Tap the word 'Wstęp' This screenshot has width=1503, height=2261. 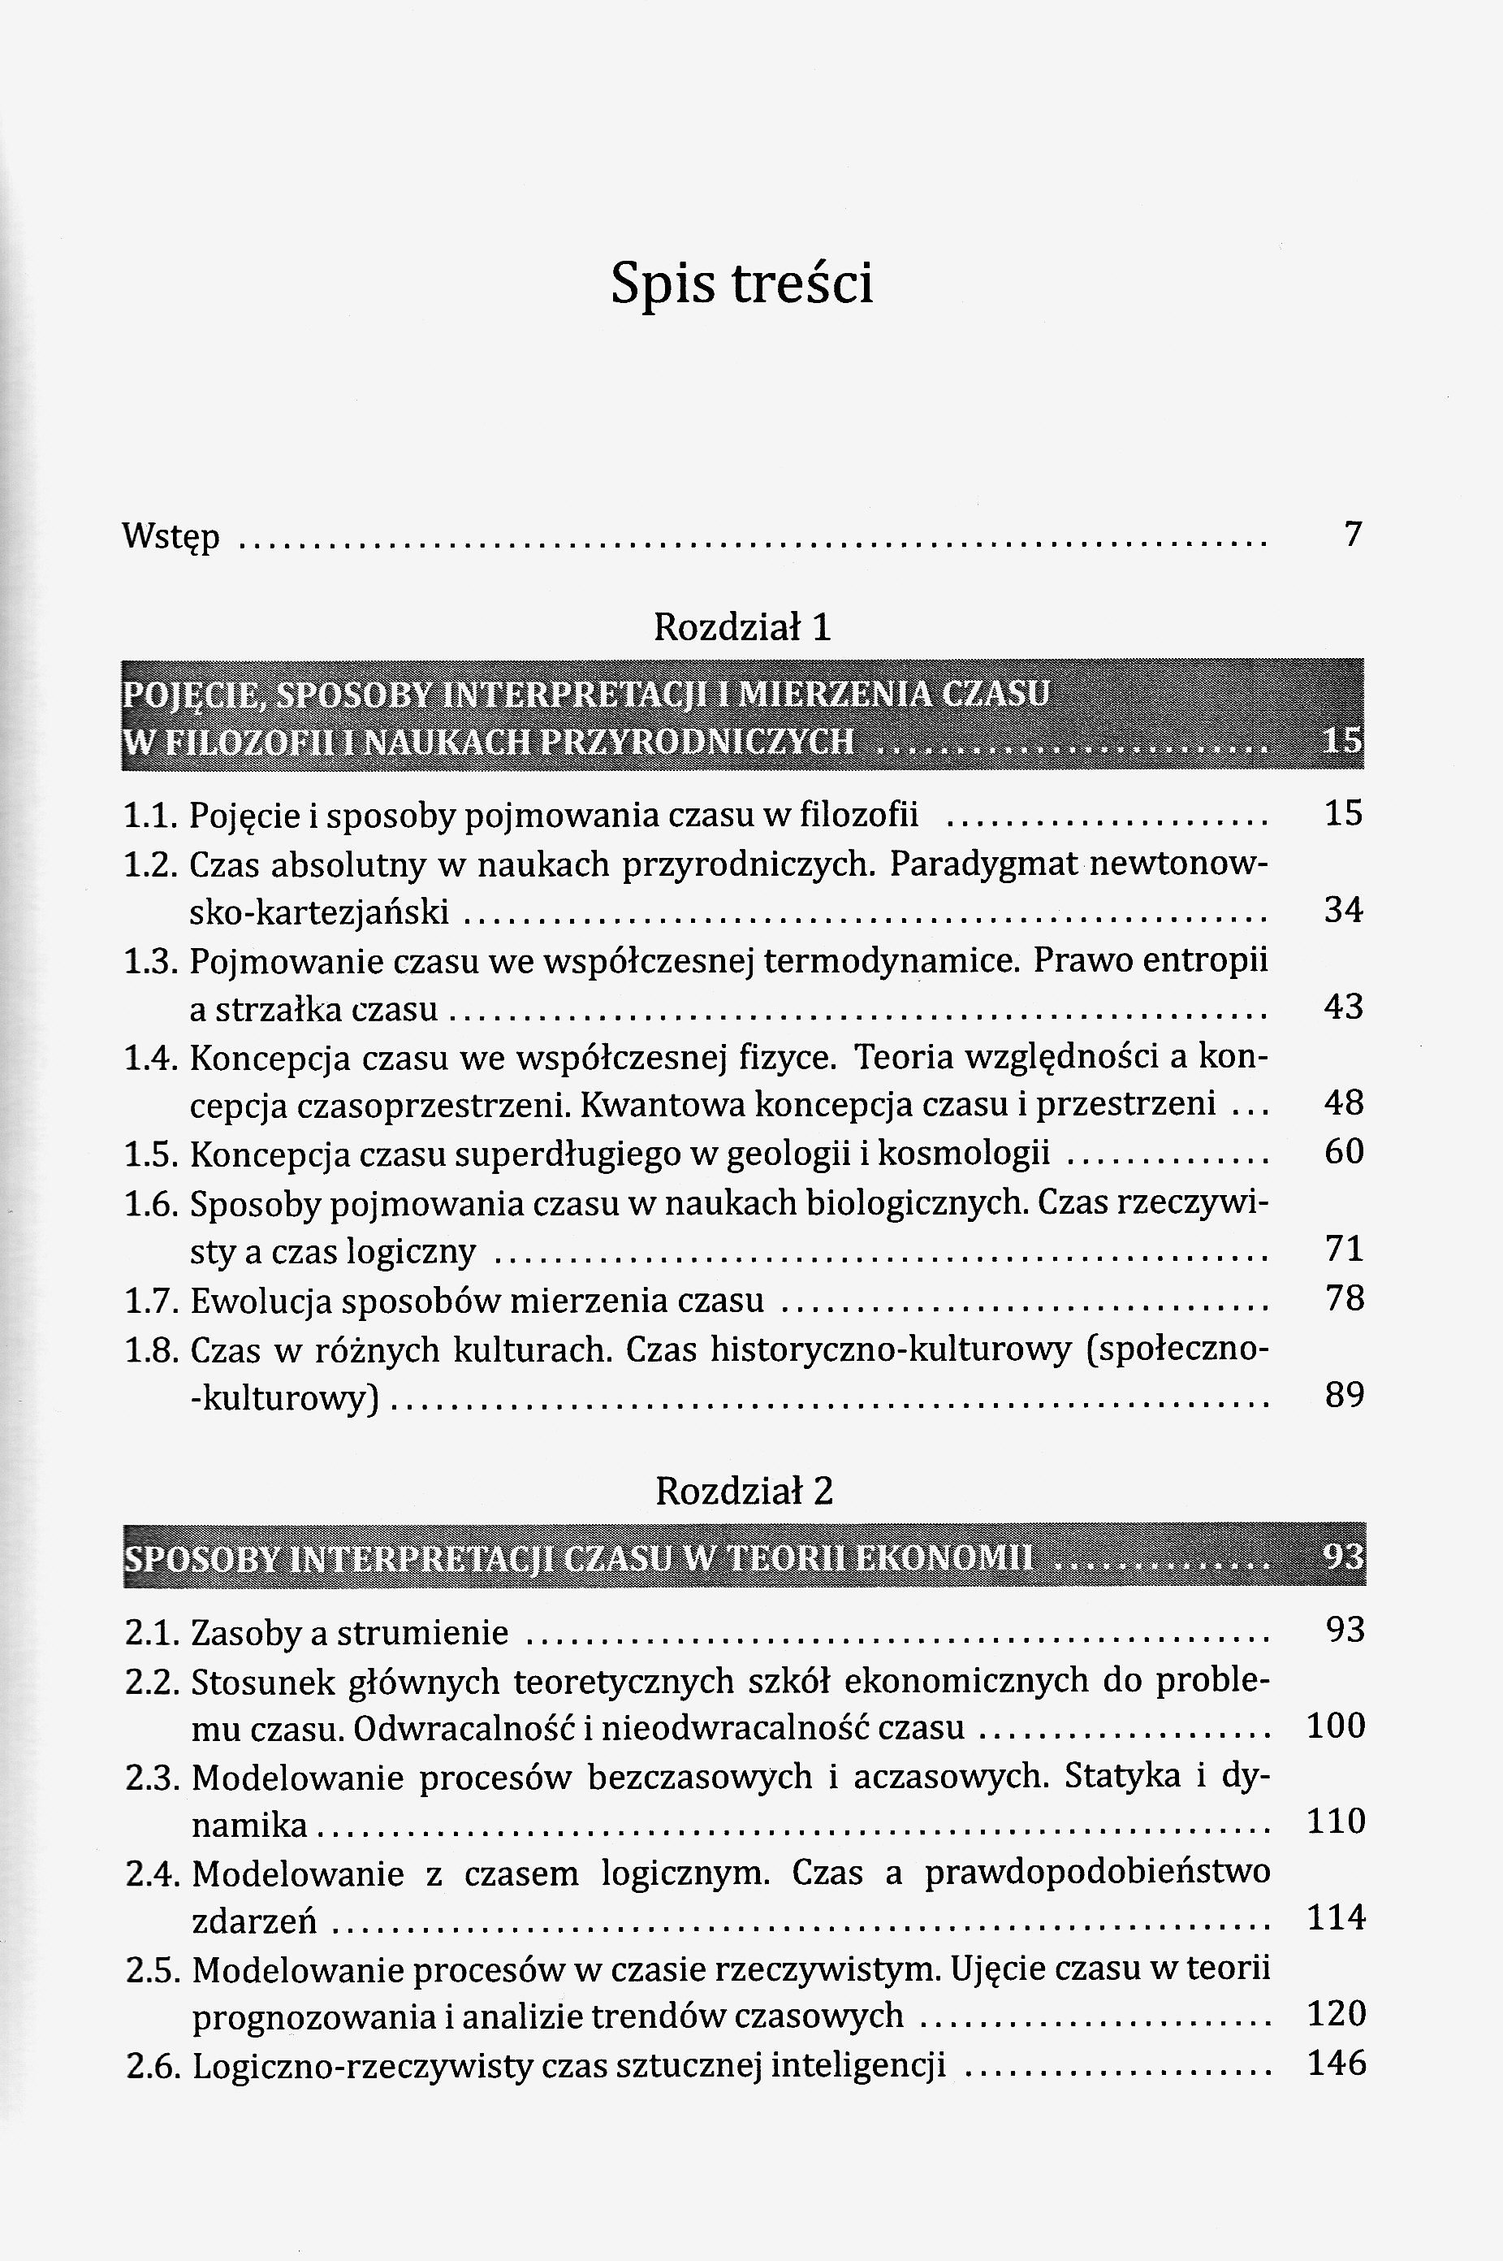pyautogui.click(x=171, y=536)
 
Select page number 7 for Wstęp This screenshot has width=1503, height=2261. pyautogui.click(x=1353, y=533)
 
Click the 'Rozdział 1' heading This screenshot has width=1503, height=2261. pyautogui.click(x=742, y=627)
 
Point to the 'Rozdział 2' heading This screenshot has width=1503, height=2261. pyautogui.click(x=744, y=1490)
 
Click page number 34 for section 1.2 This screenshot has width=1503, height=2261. pyautogui.click(x=1343, y=909)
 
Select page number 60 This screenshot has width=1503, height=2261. pyautogui.click(x=1343, y=1150)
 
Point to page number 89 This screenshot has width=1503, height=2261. pyautogui.click(x=1344, y=1394)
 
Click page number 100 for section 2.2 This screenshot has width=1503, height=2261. pyautogui.click(x=1335, y=1726)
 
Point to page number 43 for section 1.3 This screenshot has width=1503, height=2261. pyautogui.click(x=1343, y=1006)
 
